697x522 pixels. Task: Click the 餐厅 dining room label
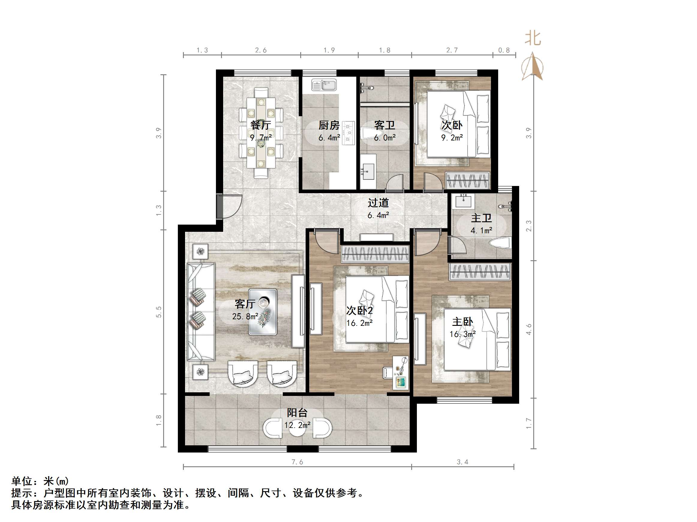[260, 125]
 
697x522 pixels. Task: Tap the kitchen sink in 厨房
[324, 85]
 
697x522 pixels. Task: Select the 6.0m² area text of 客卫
[384, 137]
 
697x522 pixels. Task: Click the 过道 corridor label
[378, 203]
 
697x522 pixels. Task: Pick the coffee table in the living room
[263, 311]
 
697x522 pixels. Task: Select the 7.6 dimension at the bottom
[297, 462]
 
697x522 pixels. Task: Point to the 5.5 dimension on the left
[158, 311]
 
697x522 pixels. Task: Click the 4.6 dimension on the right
[529, 329]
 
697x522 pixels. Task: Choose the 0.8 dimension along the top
[504, 50]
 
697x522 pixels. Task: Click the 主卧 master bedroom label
[462, 322]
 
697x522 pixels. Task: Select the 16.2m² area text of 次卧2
[360, 323]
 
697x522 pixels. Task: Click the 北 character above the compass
[533, 39]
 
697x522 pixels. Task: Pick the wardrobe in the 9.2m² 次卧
[467, 181]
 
